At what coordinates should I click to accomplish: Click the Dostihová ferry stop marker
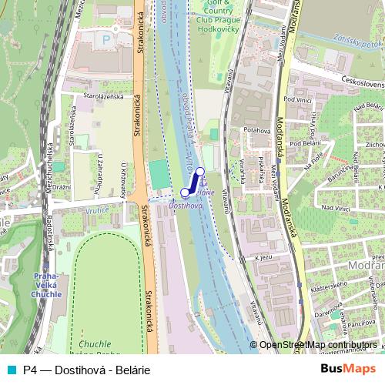[186, 192]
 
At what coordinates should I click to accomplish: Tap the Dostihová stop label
[185, 206]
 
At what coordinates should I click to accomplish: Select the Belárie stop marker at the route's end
[200, 172]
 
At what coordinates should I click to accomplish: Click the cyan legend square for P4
[9, 370]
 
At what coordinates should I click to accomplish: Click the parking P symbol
[106, 38]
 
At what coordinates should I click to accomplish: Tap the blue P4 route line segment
[193, 182]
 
